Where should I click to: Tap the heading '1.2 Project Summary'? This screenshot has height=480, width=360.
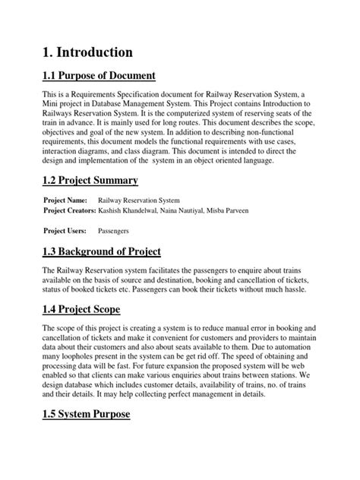[x=90, y=180]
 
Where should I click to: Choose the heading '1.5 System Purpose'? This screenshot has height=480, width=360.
[x=87, y=414]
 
